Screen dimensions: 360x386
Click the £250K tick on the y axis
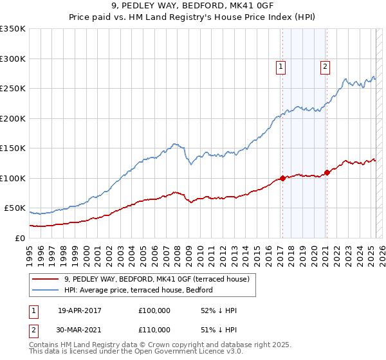pos(13,89)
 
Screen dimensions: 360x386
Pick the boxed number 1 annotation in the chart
pos(281,65)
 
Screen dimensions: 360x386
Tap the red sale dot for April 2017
pos(282,178)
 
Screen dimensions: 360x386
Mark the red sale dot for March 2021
pos(327,172)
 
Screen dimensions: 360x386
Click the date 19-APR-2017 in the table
pos(79,310)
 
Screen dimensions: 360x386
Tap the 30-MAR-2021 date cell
pos(80,329)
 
